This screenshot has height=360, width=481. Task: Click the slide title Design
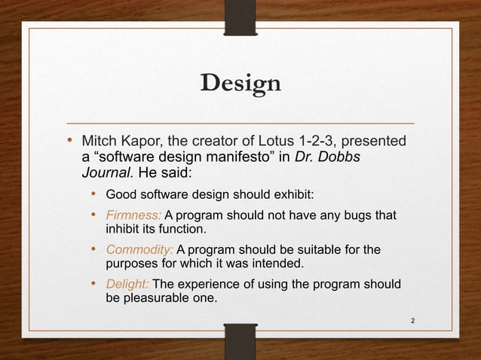pyautogui.click(x=240, y=83)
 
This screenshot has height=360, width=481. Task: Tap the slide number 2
pyautogui.click(x=412, y=322)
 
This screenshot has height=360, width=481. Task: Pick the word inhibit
pyautogui.click(x=124, y=228)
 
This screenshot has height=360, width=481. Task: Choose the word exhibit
pyautogui.click(x=290, y=196)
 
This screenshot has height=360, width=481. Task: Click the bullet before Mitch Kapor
pyautogui.click(x=69, y=141)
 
